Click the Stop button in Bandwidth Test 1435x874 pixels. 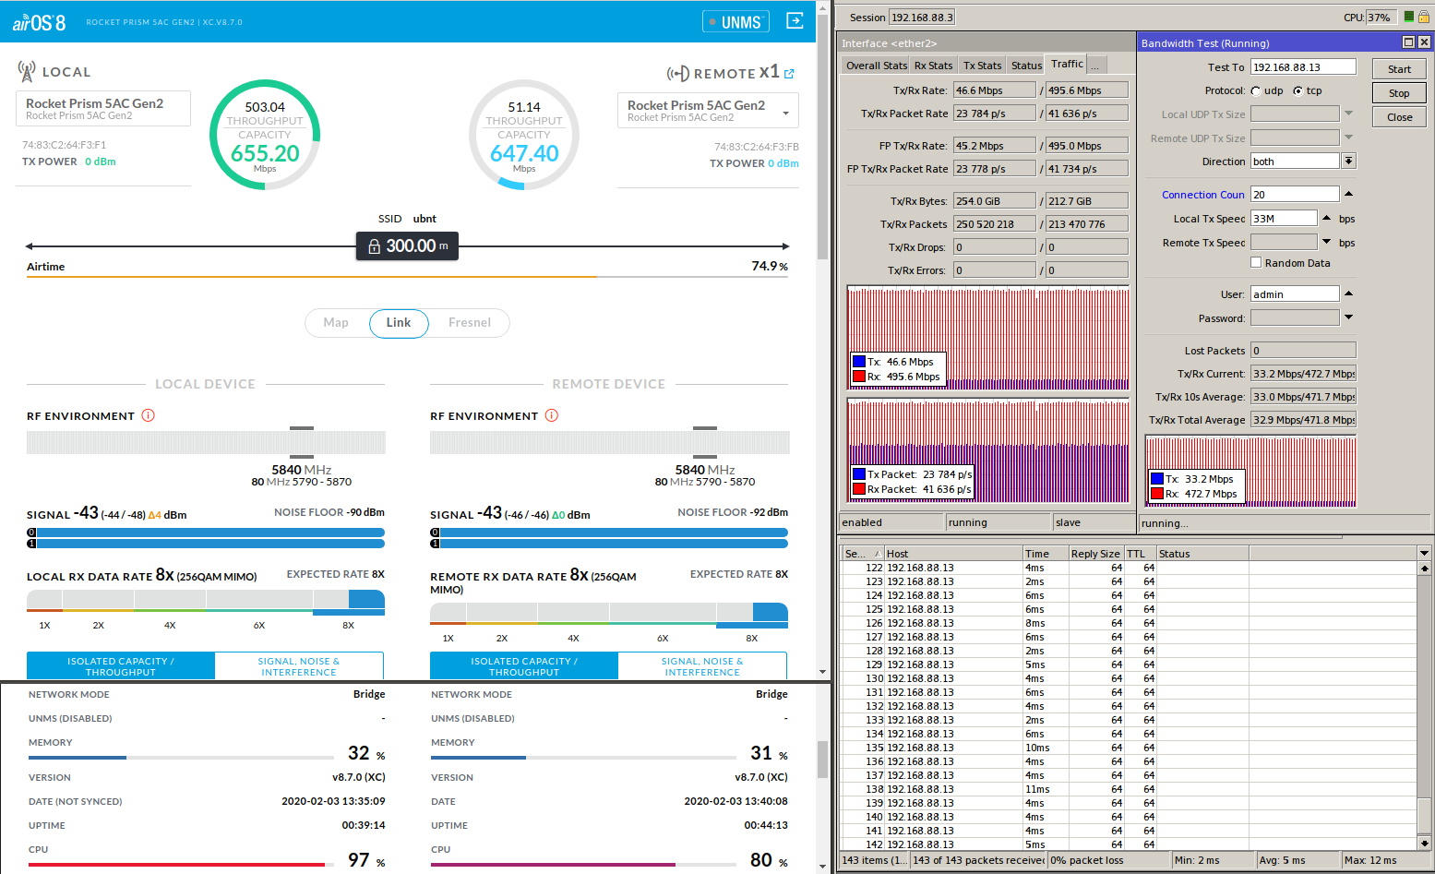tap(1398, 93)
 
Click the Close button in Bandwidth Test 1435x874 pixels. tap(1398, 117)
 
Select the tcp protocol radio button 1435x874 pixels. tap(1298, 91)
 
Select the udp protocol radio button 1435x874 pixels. tap(1256, 91)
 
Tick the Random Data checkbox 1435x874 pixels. tap(1256, 263)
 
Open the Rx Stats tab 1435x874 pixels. tap(933, 66)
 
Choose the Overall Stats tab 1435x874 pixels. tap(876, 66)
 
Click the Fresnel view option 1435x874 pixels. tap(469, 323)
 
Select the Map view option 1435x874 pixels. tap(336, 323)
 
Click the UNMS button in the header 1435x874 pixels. tap(735, 22)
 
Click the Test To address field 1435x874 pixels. tap(1302, 67)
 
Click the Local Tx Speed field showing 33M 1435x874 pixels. tap(1283, 219)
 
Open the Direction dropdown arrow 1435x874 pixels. tap(1348, 162)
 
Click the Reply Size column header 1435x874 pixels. tap(1094, 554)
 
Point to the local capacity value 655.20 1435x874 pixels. tap(265, 154)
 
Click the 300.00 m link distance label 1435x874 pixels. tap(408, 246)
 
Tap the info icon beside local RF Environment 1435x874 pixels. tap(148, 416)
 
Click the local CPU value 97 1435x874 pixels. tap(359, 860)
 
